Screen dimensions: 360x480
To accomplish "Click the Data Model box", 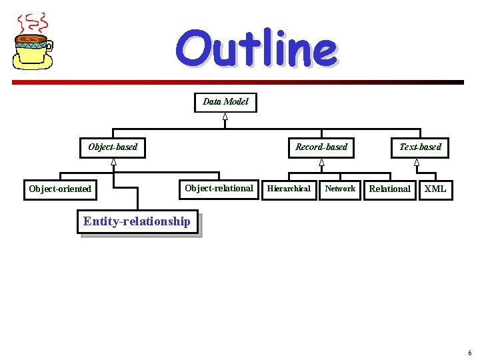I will click(x=225, y=102).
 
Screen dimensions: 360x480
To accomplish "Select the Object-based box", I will click(x=113, y=147).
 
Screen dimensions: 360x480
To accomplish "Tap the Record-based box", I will click(x=321, y=147).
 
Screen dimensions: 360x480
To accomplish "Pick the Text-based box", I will click(x=420, y=147).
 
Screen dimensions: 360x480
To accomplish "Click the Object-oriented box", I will click(x=60, y=189).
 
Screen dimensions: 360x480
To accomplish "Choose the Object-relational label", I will click(x=219, y=188).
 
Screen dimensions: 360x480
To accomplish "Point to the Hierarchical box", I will click(x=289, y=189).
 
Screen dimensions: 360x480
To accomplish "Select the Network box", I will click(x=340, y=189).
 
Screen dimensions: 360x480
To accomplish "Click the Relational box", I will click(x=389, y=189).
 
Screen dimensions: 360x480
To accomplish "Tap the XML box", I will click(x=435, y=189).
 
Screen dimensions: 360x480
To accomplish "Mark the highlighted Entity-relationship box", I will click(x=137, y=221).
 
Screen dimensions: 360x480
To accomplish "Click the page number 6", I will click(x=469, y=353).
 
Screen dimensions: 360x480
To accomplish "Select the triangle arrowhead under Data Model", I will click(x=225, y=117).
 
